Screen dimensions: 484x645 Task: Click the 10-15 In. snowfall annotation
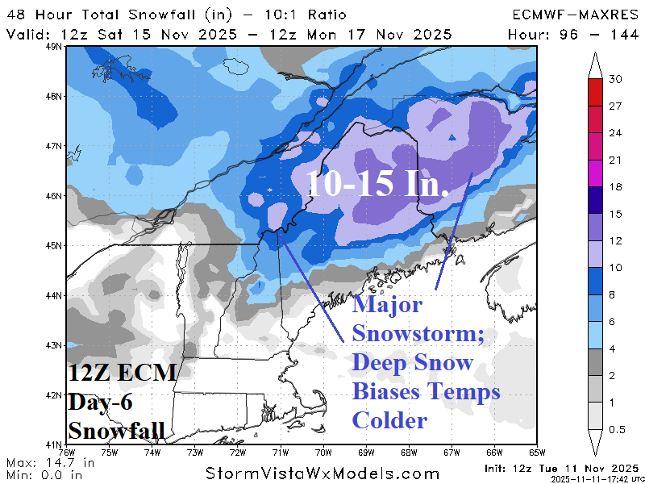377,185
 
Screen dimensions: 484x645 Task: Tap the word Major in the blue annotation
387,306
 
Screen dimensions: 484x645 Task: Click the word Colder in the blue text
389,421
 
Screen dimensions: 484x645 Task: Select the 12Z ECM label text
122,373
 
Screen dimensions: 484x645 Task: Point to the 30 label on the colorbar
614,79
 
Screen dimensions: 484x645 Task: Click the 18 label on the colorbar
614,187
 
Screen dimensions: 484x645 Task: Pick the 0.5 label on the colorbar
617,429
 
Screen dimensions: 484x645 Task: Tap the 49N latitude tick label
55,47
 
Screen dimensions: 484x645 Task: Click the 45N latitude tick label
55,245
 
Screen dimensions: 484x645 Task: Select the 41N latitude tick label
55,444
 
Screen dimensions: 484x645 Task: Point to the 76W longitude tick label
68,452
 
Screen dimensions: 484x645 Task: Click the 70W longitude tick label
324,452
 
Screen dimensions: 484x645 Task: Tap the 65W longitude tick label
538,452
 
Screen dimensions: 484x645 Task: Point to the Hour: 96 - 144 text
573,35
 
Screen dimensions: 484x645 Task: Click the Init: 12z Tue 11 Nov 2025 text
562,468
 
